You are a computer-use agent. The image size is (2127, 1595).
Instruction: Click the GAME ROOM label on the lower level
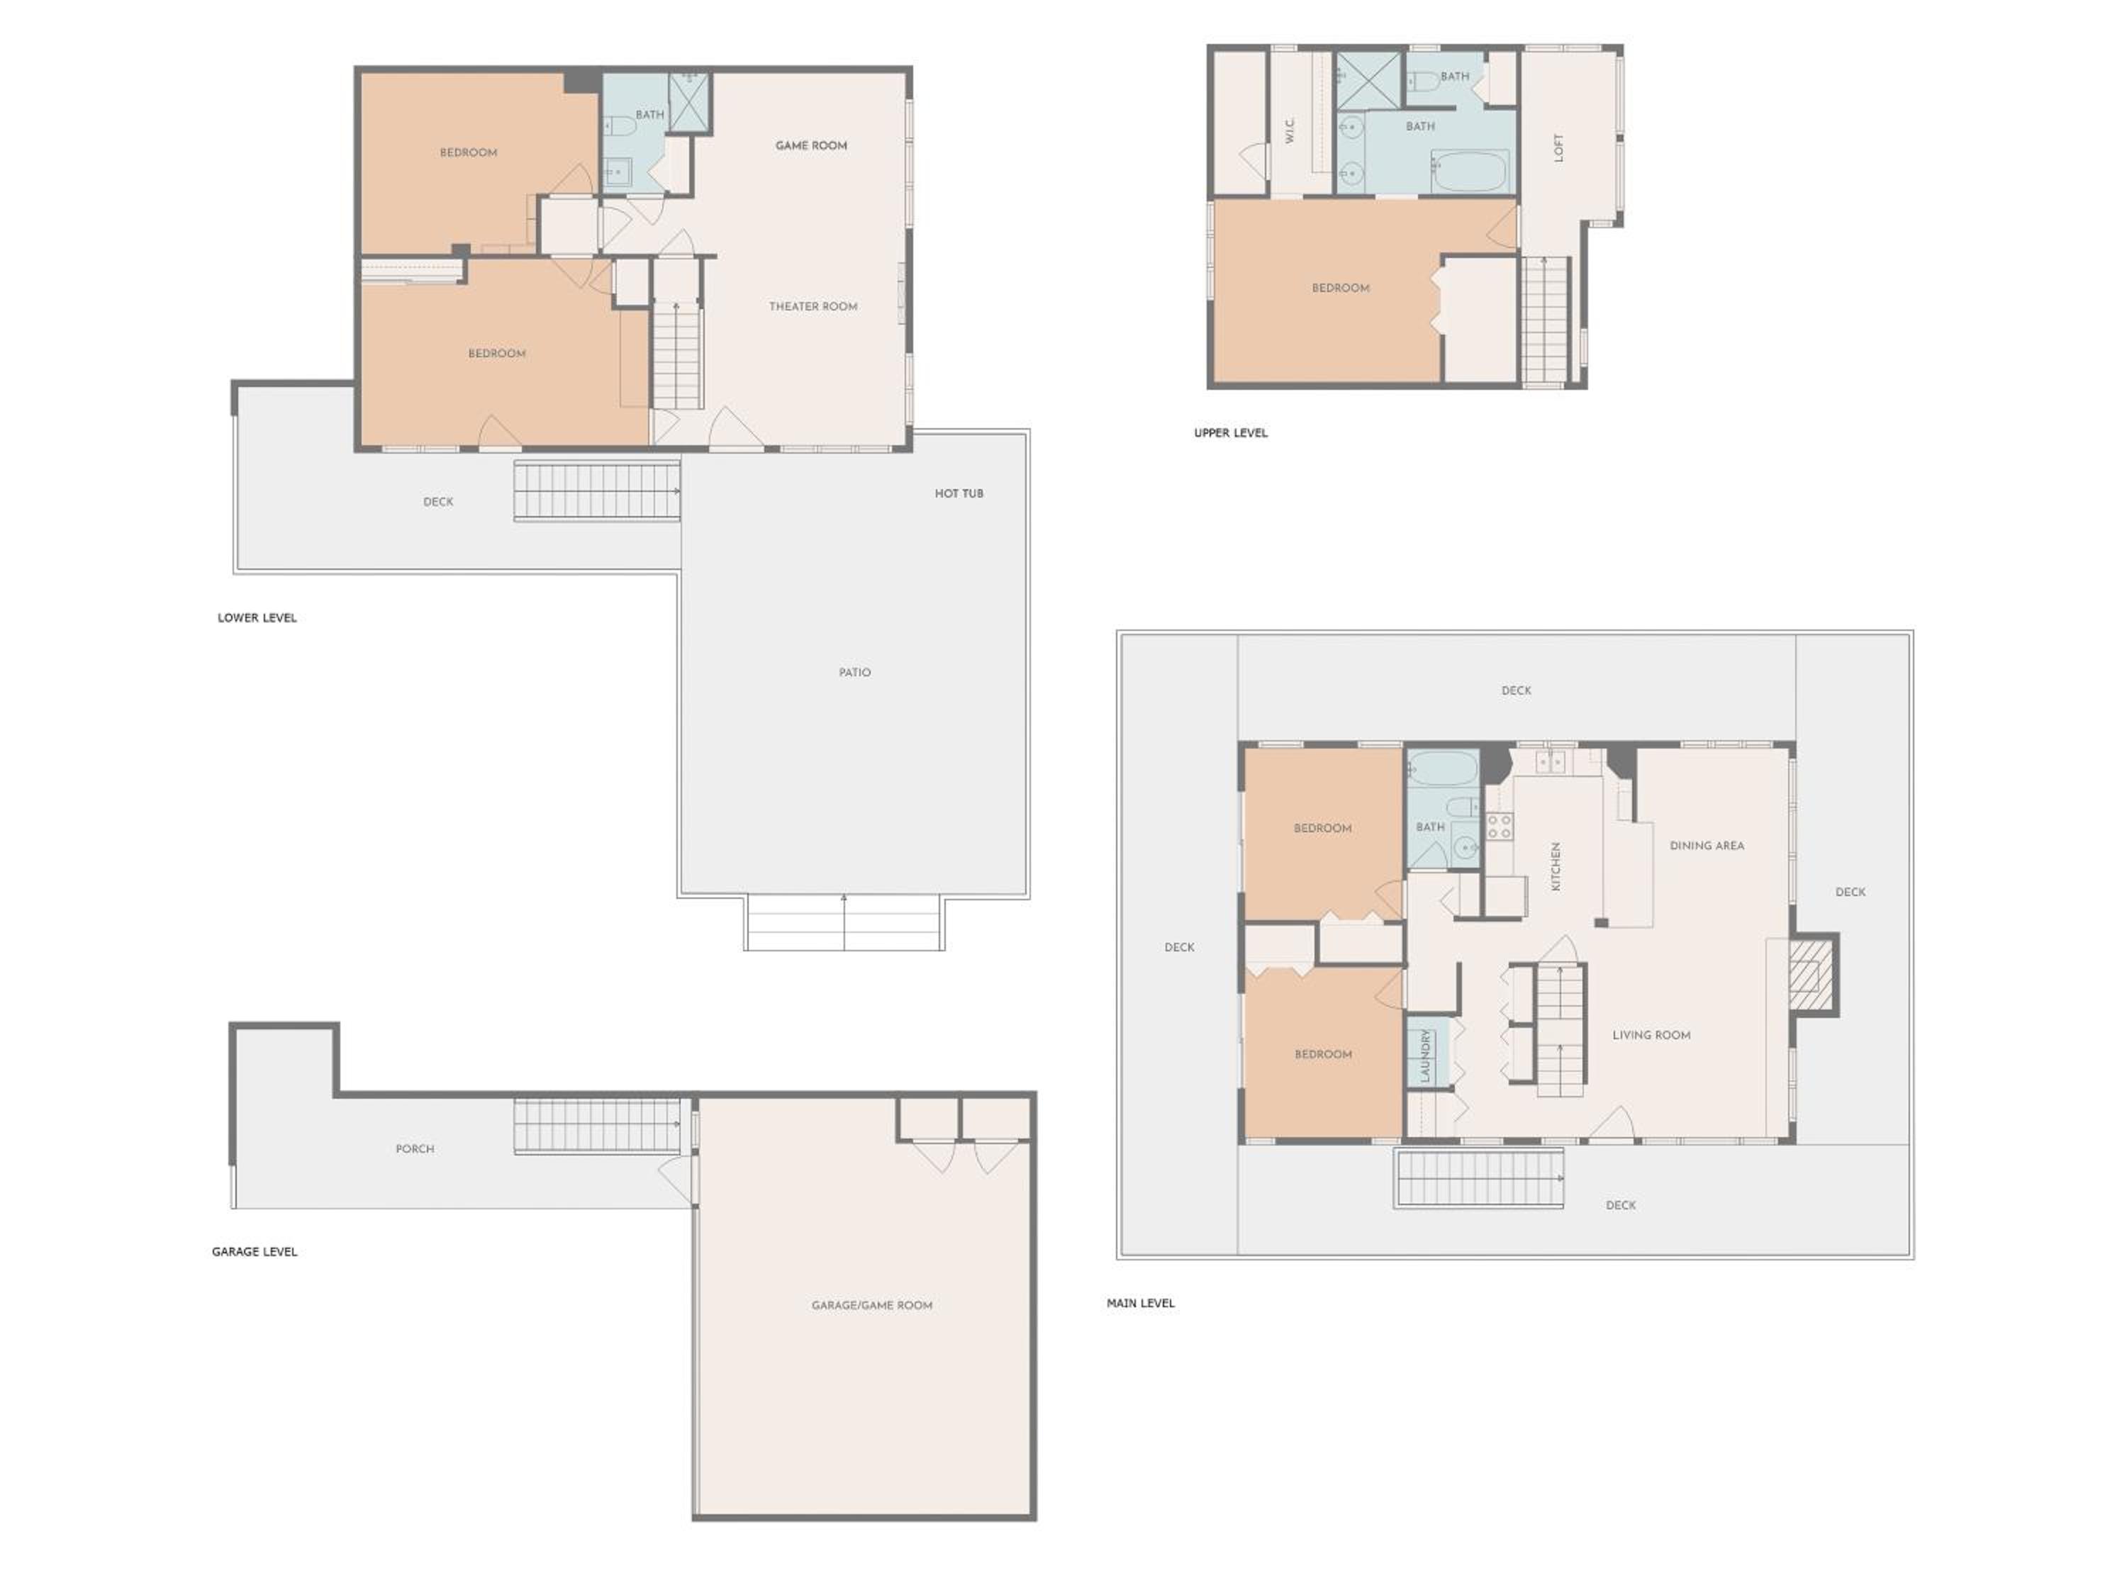pos(810,146)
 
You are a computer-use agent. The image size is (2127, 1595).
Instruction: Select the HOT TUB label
pos(959,493)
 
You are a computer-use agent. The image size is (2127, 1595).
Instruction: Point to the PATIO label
pos(854,672)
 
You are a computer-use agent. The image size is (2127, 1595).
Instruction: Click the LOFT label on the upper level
pos(1558,147)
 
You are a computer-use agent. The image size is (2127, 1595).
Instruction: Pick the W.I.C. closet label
pos(1290,130)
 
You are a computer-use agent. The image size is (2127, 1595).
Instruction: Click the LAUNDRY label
pos(1425,1055)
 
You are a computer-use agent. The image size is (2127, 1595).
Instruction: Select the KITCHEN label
pos(1556,866)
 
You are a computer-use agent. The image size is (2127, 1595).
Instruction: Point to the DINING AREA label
pos(1706,846)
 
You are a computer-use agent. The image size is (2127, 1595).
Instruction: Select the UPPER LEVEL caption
pos(1231,432)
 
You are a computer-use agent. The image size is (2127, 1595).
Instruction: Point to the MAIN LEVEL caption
pos(1140,1304)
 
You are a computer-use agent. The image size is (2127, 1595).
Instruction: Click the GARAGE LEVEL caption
pos(254,1252)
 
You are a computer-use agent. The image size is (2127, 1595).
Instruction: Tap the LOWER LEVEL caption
pos(257,618)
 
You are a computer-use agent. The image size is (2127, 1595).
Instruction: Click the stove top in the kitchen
pos(1499,826)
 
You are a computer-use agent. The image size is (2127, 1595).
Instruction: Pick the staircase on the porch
pos(597,1126)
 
